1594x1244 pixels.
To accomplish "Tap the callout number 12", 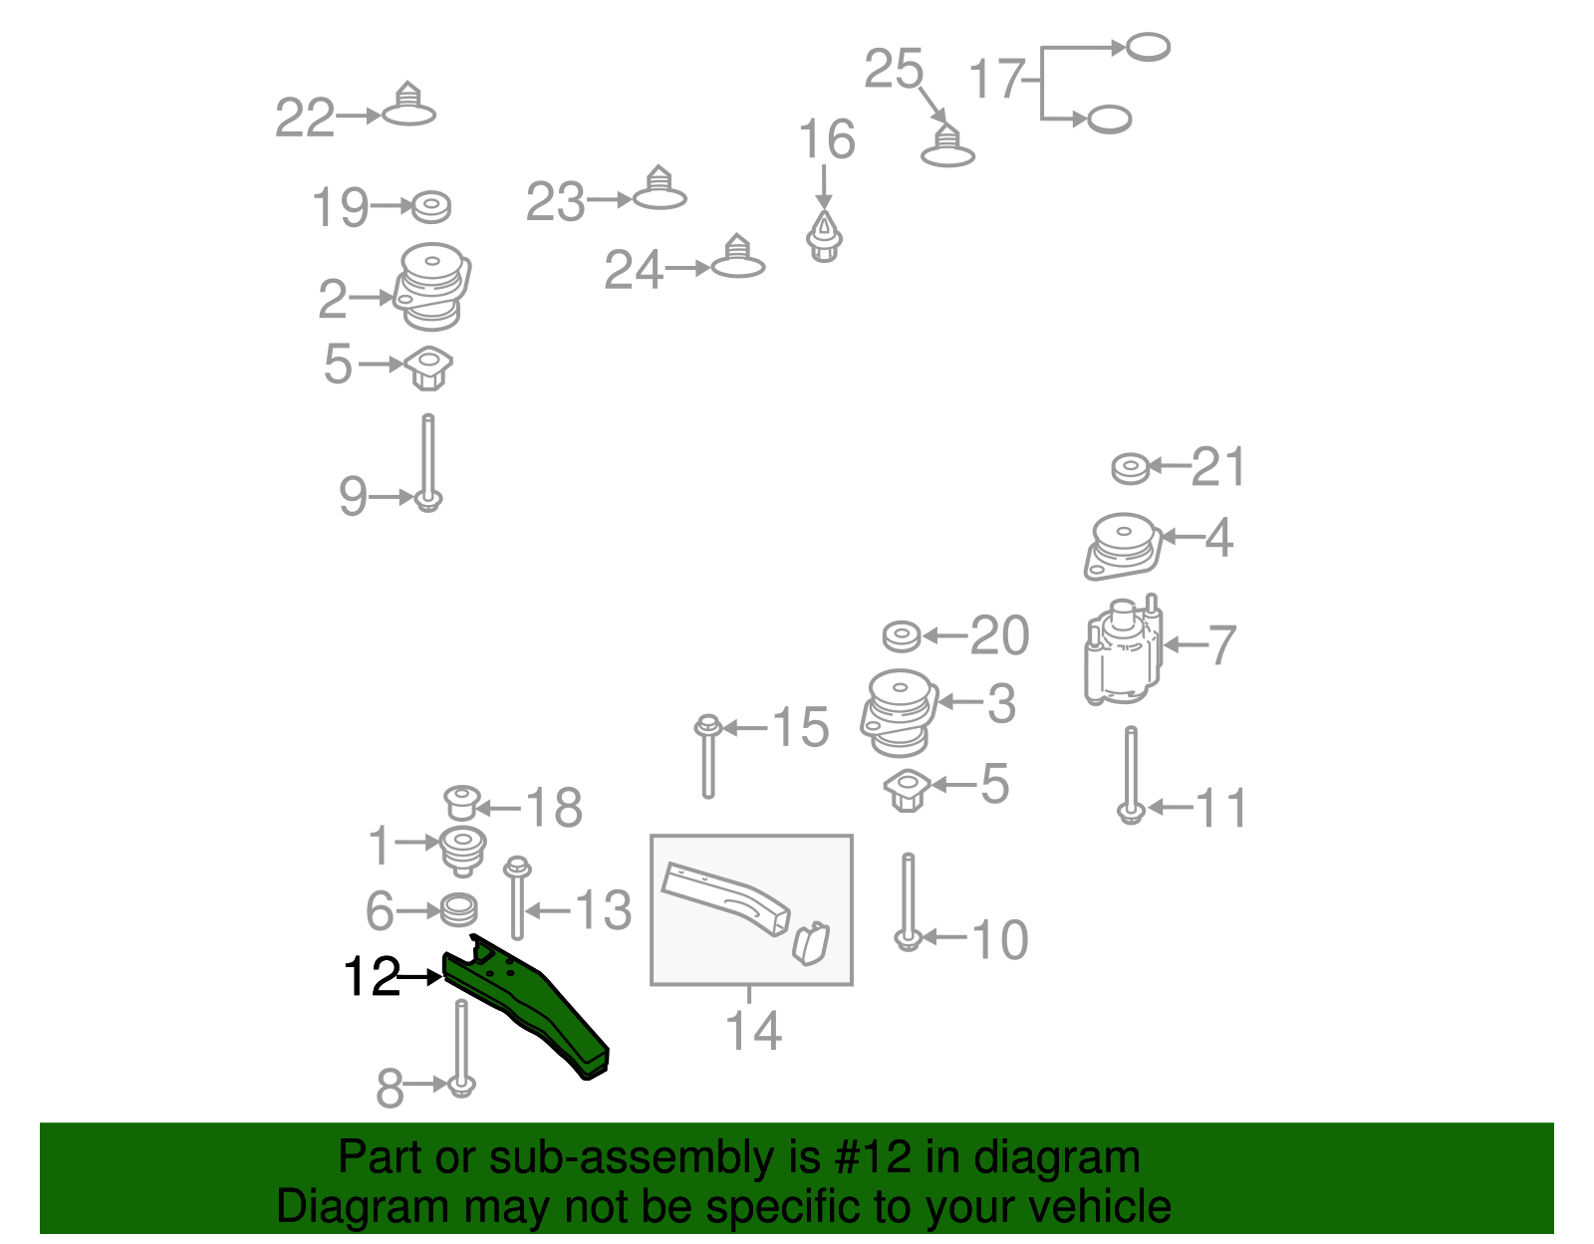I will click(x=371, y=977).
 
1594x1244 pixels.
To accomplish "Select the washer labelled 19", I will click(x=430, y=207).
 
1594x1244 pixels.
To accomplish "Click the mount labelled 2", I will click(x=432, y=287).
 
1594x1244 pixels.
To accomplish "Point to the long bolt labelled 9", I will click(x=427, y=458).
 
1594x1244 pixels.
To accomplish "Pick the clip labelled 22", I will click(x=408, y=107).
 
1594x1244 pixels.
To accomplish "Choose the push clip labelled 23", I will click(x=660, y=190).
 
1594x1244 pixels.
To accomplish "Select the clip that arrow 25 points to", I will click(x=947, y=146).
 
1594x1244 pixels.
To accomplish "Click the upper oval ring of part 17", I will click(x=1147, y=47).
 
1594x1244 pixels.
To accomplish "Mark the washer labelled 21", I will click(x=1131, y=467).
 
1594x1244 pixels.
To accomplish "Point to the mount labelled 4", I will click(x=1124, y=546).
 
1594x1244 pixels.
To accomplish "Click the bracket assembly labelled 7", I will click(x=1124, y=651).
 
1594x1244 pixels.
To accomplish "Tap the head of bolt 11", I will click(x=1130, y=814).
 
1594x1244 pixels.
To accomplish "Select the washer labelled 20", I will click(x=903, y=634).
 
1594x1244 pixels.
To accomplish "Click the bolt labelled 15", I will click(x=707, y=757).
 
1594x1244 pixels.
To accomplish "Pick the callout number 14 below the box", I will click(x=753, y=1031).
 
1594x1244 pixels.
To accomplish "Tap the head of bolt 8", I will click(x=460, y=1086).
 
